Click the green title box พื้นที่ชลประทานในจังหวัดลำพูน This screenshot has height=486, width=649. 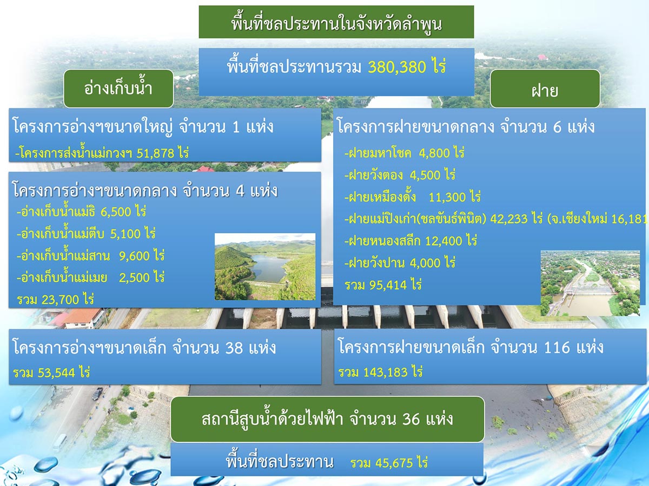[336, 22]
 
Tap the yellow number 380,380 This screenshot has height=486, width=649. [397, 67]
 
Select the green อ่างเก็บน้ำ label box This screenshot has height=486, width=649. [118, 89]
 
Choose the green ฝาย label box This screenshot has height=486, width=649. [545, 89]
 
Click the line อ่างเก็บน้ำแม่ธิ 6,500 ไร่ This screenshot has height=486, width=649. [82, 211]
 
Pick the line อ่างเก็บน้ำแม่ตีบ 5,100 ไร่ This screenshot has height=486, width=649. [86, 233]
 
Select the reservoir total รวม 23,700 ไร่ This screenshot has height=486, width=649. [56, 299]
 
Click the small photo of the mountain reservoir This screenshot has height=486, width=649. [265, 267]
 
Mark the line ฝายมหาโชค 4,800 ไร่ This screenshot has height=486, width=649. [404, 153]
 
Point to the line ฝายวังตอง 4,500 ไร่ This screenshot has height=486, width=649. [400, 175]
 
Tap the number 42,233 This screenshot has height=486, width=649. [509, 219]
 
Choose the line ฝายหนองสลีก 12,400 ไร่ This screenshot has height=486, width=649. [410, 241]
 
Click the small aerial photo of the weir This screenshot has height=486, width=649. [590, 283]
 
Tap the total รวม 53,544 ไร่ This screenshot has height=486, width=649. [51, 373]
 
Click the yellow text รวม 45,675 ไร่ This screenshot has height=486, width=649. [389, 463]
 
